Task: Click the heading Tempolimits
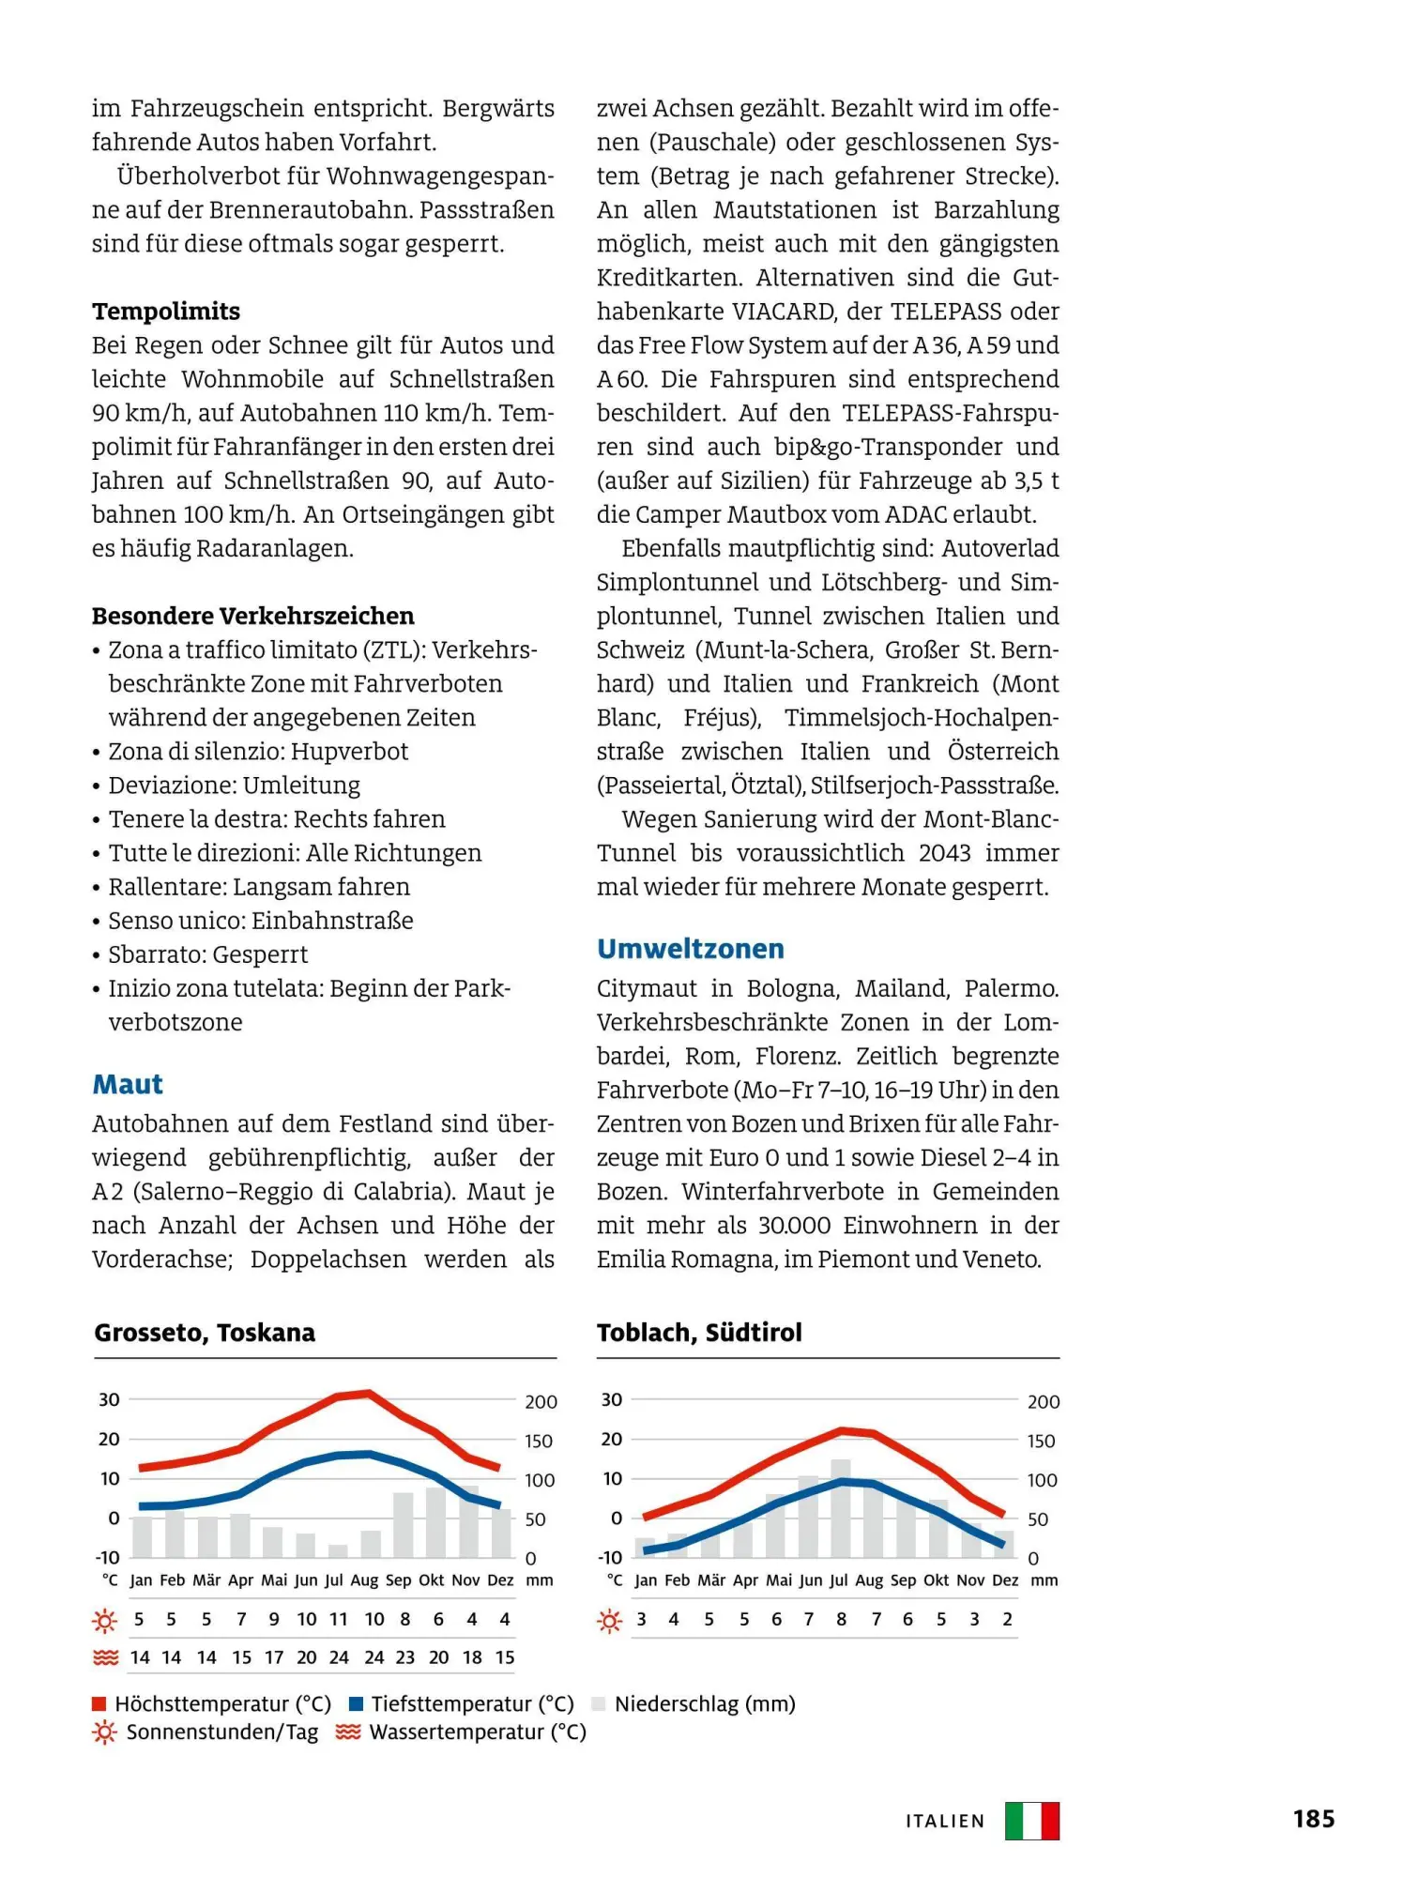coord(166,312)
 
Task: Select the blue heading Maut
coord(128,1085)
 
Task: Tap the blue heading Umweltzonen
coord(691,949)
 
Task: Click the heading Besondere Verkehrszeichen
coord(252,617)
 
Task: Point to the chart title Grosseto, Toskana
coord(205,1333)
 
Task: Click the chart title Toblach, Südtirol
coord(699,1333)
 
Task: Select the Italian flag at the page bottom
coord(1031,1821)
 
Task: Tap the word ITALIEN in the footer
coord(945,1822)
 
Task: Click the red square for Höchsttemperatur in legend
coord(99,1703)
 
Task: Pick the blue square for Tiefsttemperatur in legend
coord(356,1703)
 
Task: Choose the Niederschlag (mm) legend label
coord(705,1703)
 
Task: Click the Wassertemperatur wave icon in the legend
coord(348,1732)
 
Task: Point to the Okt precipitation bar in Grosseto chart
coord(436,1522)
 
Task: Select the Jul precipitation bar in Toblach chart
coord(841,1508)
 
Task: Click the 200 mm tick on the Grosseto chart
coord(541,1402)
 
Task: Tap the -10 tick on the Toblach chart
coord(610,1558)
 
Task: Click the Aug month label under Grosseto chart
coord(364,1580)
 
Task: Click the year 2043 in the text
coord(944,853)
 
